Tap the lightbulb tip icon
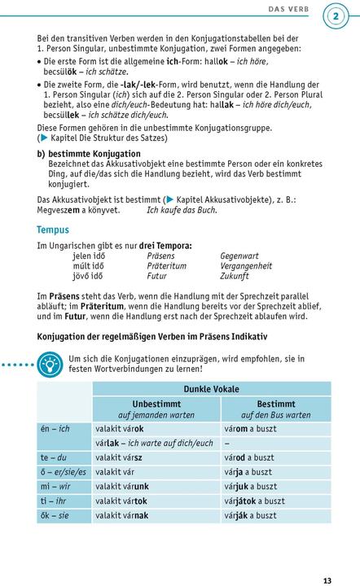pyautogui.click(x=50, y=363)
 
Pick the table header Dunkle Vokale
pyautogui.click(x=211, y=389)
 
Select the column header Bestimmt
pyautogui.click(x=275, y=404)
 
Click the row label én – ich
pyautogui.click(x=55, y=428)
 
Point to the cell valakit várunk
pyautogui.click(x=121, y=486)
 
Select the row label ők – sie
pyautogui.click(x=54, y=515)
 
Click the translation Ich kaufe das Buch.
pyautogui.click(x=182, y=210)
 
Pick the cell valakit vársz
pyautogui.click(x=119, y=457)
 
